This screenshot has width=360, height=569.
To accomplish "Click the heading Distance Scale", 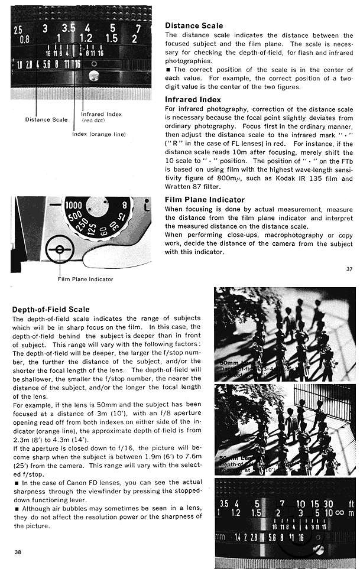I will pyautogui.click(x=193, y=26).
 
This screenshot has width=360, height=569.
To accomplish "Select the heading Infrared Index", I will pyautogui.click(x=193, y=100).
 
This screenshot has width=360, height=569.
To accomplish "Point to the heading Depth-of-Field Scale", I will pyautogui.click(x=51, y=309).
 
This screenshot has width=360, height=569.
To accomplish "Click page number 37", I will pyautogui.click(x=349, y=269).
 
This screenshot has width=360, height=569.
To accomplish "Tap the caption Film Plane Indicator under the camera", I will pyautogui.click(x=85, y=279).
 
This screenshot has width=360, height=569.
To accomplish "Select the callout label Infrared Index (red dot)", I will pyautogui.click(x=101, y=116).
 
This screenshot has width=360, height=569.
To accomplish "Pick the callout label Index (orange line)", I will pyautogui.click(x=99, y=134).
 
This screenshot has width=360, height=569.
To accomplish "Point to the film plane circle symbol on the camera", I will pyautogui.click(x=60, y=249).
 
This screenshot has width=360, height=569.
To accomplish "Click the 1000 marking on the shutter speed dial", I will pyautogui.click(x=74, y=204).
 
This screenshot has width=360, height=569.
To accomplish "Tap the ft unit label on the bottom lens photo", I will pyautogui.click(x=351, y=503).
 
